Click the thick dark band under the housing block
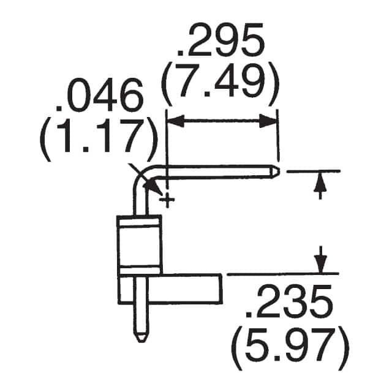click(x=138, y=271)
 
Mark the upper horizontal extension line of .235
click(x=312, y=171)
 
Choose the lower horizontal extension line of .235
click(x=282, y=273)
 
